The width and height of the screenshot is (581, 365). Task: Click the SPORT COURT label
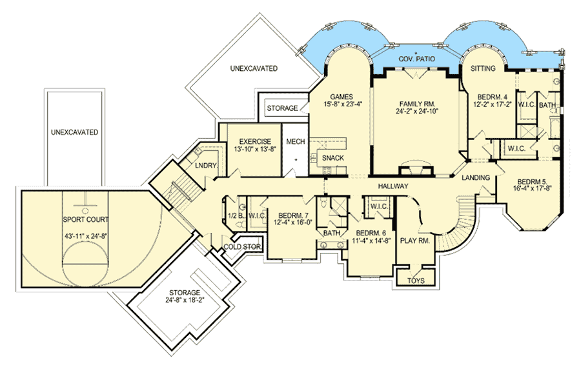[x=86, y=219]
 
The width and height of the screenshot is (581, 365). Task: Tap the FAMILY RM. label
[x=417, y=104]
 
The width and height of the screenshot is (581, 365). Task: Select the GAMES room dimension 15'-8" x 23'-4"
[x=341, y=104]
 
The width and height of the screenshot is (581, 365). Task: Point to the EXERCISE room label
[x=255, y=141]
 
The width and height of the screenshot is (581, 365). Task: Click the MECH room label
[x=296, y=141]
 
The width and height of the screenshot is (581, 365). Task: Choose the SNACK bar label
[x=332, y=158]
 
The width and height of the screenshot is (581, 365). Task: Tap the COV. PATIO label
[x=417, y=59]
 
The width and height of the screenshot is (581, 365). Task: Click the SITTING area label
[x=483, y=68]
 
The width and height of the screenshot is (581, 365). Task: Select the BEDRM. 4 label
[x=492, y=97]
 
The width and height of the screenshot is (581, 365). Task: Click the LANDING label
[x=476, y=178]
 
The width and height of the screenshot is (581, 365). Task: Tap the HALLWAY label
[x=393, y=186]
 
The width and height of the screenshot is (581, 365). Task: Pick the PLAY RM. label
[x=415, y=241]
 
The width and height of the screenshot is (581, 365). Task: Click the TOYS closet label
[x=416, y=281]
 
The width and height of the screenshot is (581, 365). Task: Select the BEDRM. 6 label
[x=371, y=233]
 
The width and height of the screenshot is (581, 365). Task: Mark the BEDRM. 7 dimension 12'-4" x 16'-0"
[x=293, y=222]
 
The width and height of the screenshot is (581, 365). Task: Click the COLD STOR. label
[x=243, y=247]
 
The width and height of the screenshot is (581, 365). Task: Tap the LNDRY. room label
[x=206, y=166]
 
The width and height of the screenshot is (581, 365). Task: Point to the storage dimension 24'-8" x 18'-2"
[x=185, y=300]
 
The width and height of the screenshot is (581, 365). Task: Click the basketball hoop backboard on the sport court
[x=85, y=204]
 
